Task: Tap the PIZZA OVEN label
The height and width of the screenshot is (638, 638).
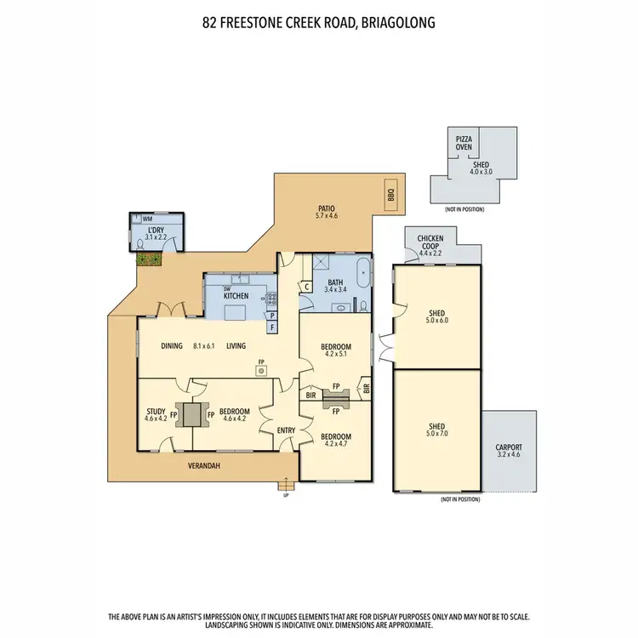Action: [464, 142]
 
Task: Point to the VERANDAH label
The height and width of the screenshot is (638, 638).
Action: [205, 465]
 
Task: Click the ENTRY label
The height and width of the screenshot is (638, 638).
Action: [286, 430]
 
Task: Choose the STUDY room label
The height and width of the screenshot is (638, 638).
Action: [156, 410]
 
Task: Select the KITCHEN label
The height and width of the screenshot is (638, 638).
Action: [236, 295]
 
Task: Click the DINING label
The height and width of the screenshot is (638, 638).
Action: [173, 346]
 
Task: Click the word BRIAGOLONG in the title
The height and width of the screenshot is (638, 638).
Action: [396, 23]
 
